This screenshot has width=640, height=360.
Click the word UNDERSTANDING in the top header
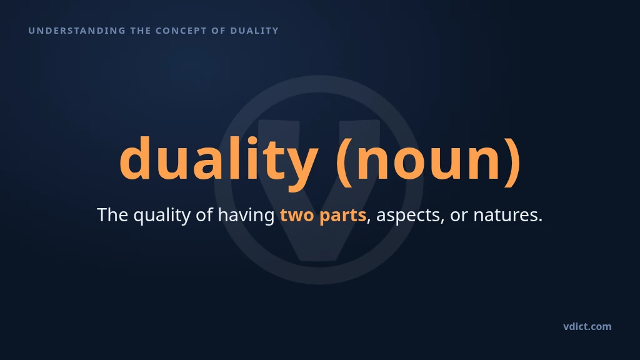(x=77, y=31)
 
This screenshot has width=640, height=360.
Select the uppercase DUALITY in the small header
(x=254, y=31)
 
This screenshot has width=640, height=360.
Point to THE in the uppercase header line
(x=141, y=31)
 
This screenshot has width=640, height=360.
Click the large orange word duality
(x=218, y=161)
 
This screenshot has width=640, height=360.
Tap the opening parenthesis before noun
(x=344, y=161)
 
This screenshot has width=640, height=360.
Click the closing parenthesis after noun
(x=512, y=161)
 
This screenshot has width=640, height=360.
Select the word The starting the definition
(x=112, y=215)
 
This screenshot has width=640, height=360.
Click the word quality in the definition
(x=162, y=216)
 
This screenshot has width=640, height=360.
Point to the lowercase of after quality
(x=204, y=215)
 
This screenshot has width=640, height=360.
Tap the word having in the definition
(x=246, y=216)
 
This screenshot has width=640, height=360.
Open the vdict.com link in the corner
(x=587, y=326)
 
